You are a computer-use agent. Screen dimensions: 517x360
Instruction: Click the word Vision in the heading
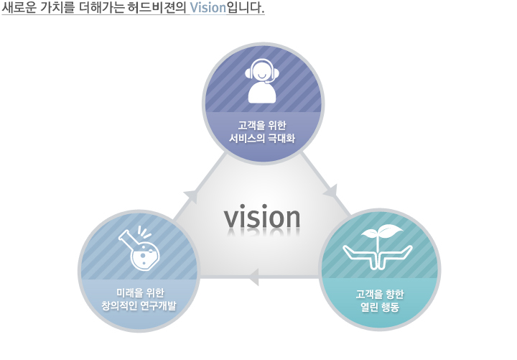tap(208, 7)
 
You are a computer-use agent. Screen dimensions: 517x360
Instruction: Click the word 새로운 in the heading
tap(19, 7)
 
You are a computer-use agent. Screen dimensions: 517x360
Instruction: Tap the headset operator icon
tap(262, 81)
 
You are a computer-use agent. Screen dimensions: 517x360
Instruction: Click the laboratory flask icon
tap(139, 248)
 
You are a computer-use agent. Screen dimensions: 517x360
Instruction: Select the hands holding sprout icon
tap(378, 246)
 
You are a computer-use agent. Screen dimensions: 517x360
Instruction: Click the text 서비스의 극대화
tap(262, 138)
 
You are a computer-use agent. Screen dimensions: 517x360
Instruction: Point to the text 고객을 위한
tap(262, 126)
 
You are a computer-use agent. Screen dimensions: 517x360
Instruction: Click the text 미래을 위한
tap(140, 292)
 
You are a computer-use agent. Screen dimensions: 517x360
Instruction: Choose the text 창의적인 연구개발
tap(139, 305)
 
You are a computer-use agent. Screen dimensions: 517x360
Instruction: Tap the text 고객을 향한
tap(380, 294)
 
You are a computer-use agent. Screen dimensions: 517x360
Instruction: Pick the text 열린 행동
tap(380, 308)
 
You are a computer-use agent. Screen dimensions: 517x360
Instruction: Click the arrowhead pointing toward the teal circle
tap(331, 192)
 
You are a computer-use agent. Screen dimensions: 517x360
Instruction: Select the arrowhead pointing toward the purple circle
tap(192, 196)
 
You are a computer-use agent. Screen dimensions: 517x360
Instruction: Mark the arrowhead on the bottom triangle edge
tap(253, 277)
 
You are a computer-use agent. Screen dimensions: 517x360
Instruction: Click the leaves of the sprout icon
tap(383, 231)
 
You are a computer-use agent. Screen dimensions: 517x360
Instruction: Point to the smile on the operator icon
tap(262, 77)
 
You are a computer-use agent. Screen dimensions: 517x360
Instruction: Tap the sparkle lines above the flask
tap(144, 231)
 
